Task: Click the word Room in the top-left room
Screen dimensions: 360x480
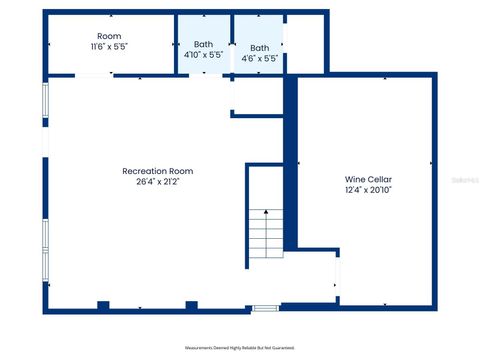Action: tap(109, 36)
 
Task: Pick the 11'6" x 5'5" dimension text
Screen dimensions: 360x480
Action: tap(109, 47)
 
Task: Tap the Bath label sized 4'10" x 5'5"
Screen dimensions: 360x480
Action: tap(203, 44)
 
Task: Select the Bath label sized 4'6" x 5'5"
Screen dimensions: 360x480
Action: tap(259, 48)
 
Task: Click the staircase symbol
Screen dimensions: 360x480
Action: tap(266, 235)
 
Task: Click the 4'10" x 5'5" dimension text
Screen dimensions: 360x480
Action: tap(203, 56)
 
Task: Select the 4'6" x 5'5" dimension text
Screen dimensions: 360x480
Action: tap(259, 59)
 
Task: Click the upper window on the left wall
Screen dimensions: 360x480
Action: tap(44, 118)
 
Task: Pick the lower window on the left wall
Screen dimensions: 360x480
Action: tap(44, 248)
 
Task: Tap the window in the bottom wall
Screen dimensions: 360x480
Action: tap(265, 308)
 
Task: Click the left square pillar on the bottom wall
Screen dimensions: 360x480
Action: tap(103, 304)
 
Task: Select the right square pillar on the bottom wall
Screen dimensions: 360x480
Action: tap(190, 304)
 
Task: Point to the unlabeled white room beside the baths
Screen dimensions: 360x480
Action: tap(306, 44)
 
